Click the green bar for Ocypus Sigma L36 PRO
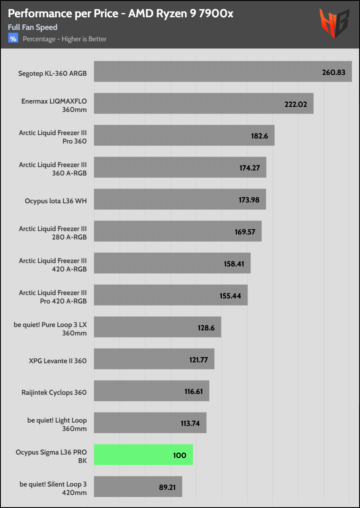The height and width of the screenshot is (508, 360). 143,455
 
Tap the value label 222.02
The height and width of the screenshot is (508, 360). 296,104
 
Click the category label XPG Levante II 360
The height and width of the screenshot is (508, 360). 58,361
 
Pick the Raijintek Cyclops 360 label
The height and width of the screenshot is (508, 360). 54,393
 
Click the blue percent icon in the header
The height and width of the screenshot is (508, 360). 13,39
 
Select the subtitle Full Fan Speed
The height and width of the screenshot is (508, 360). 33,27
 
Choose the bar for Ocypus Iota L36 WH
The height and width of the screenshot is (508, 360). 180,199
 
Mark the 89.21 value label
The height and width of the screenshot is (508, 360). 167,487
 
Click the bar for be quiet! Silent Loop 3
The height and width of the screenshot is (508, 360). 138,487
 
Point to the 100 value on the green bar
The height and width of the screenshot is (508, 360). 180,455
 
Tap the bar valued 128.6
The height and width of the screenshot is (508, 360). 157,327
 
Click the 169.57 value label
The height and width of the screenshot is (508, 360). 245,231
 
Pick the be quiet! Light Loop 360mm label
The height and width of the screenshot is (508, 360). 57,424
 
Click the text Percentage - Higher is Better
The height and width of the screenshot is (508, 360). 65,39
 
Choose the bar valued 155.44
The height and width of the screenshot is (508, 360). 171,295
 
